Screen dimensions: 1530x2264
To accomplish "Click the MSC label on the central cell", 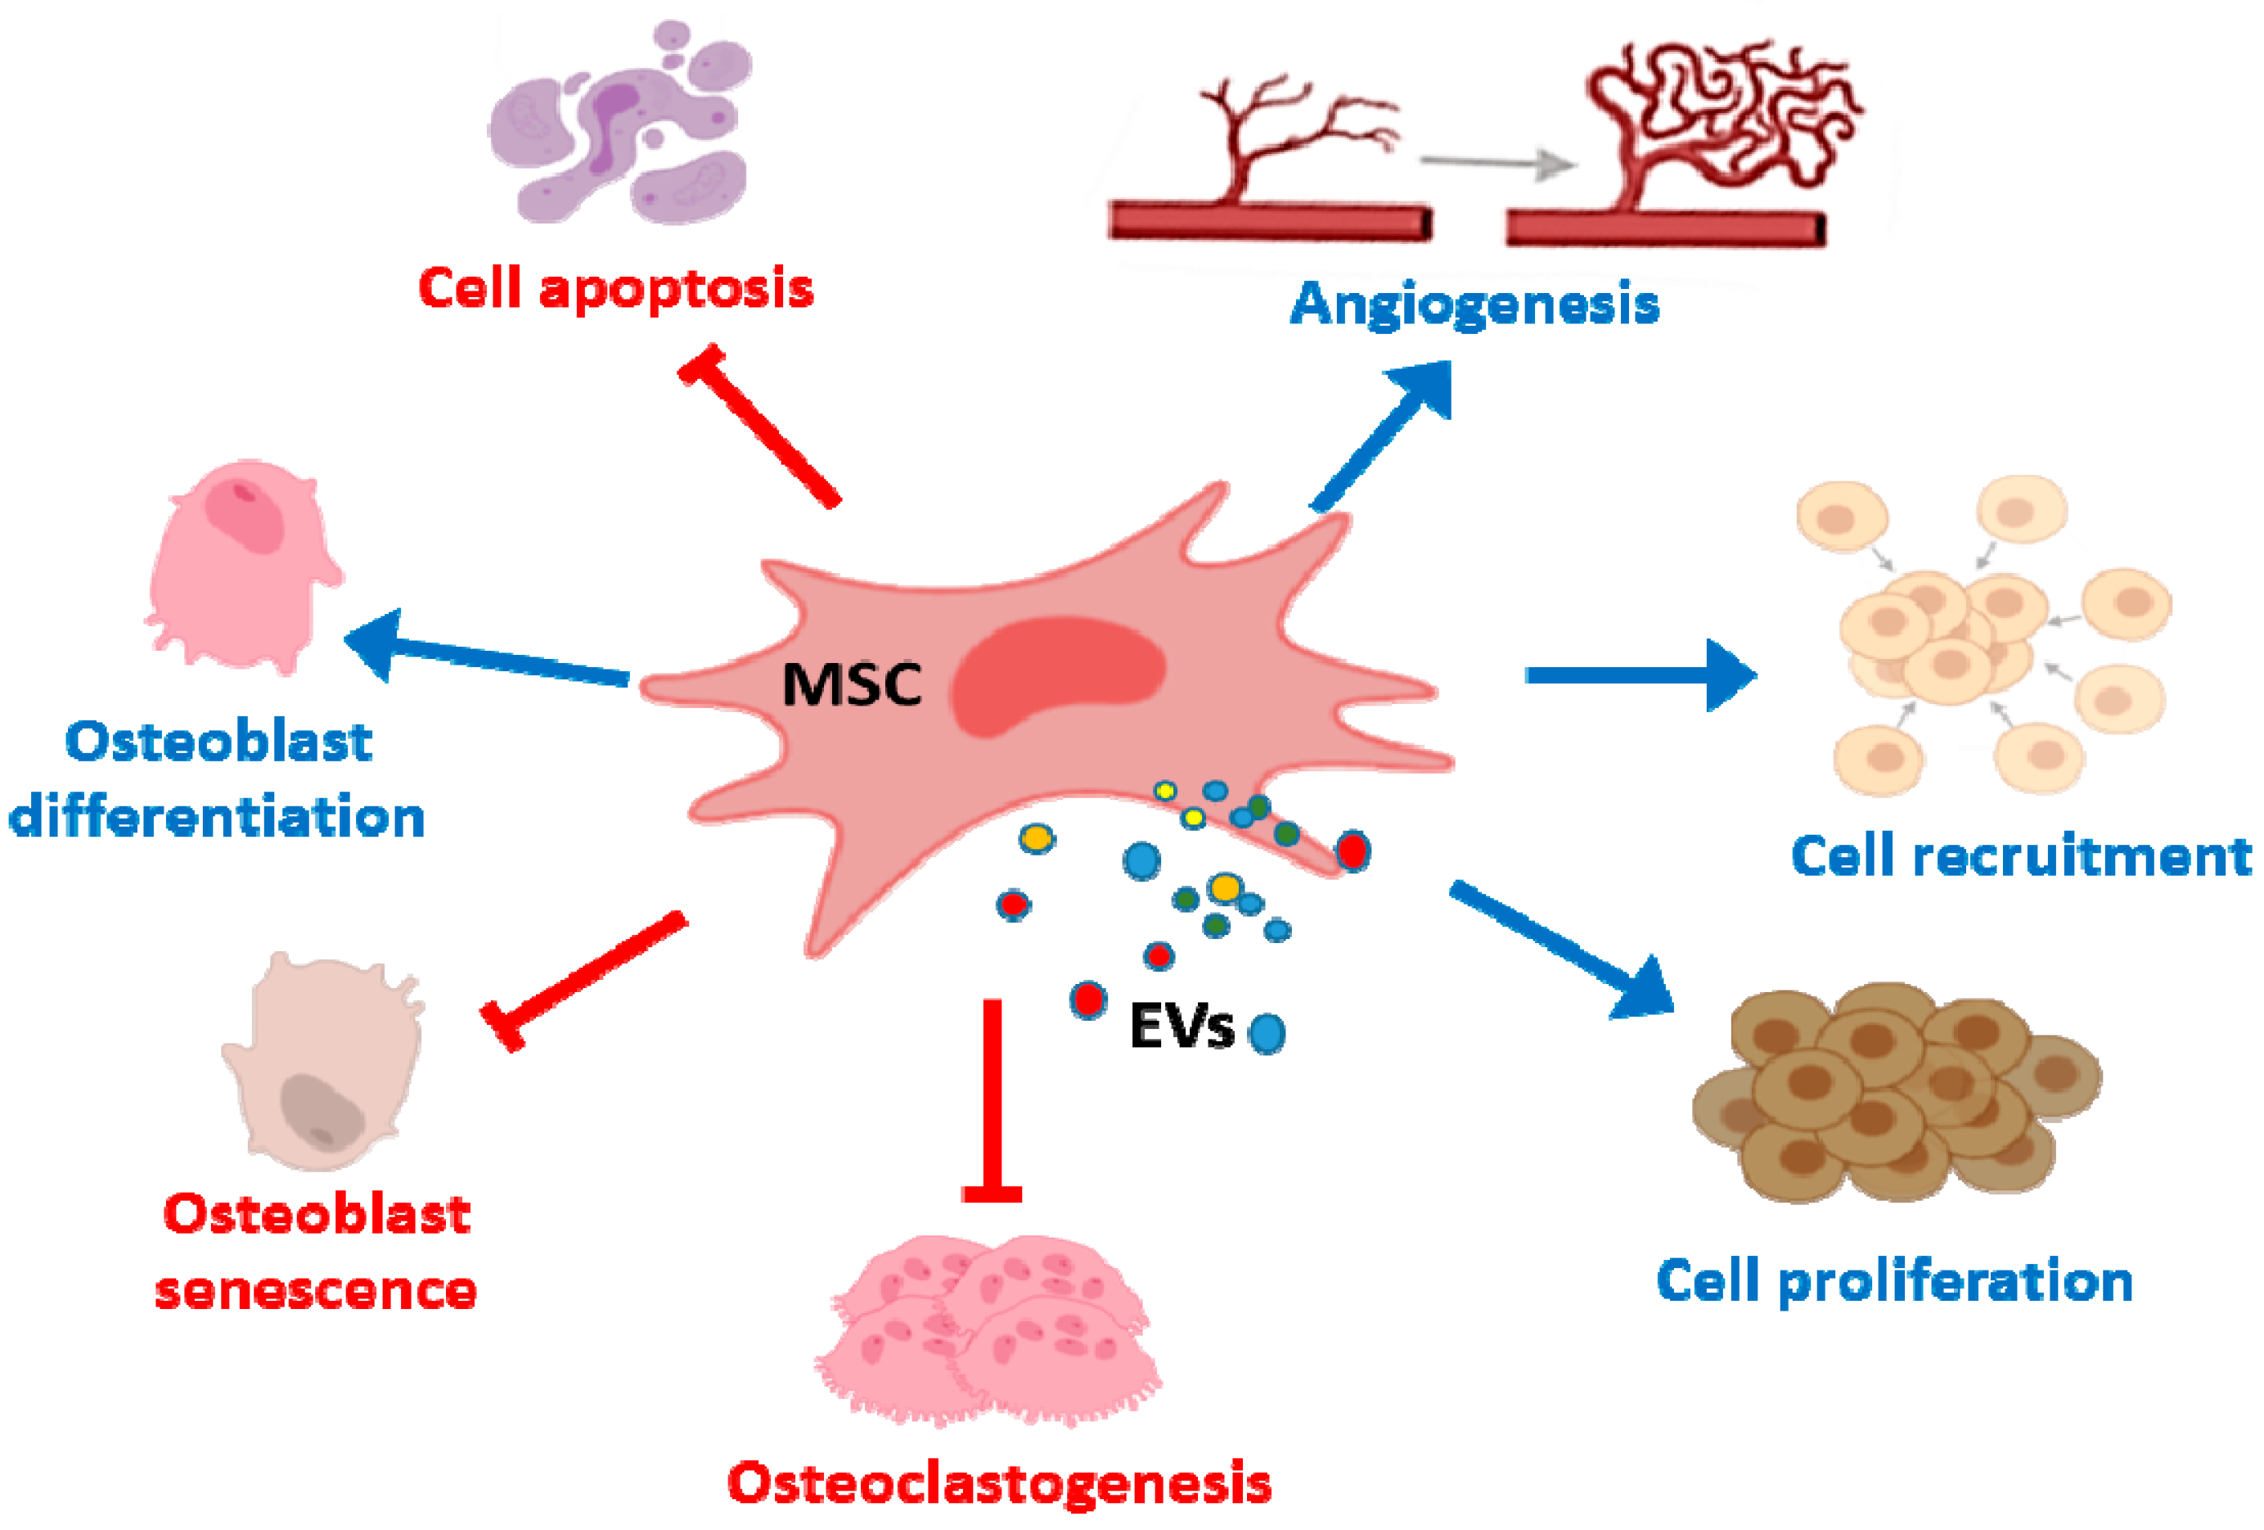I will click(852, 684).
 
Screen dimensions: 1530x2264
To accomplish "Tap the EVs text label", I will click(1181, 1027).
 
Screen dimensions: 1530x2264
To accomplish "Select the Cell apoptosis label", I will click(615, 290).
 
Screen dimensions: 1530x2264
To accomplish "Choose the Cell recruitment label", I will click(2020, 856).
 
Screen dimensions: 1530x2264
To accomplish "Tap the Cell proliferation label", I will click(1895, 1281).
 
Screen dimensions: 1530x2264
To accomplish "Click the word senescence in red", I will click(316, 1289).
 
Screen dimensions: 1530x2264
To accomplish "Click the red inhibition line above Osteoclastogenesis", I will click(992, 1101).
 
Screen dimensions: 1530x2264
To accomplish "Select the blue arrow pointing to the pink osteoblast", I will click(487, 655).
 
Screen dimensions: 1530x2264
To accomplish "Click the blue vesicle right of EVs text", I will click(1267, 1034).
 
